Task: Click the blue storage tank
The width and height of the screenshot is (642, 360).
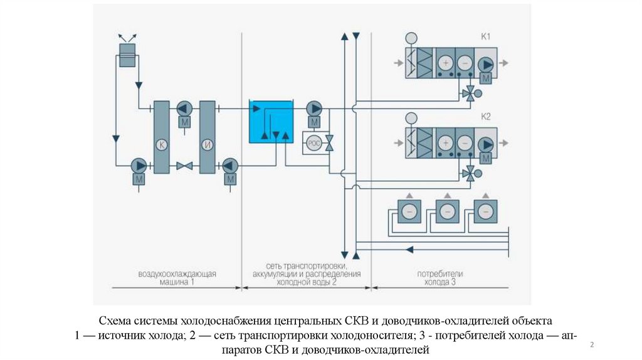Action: click(x=271, y=120)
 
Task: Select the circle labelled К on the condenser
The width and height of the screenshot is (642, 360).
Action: click(x=161, y=145)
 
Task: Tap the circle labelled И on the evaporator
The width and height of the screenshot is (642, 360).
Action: click(x=208, y=145)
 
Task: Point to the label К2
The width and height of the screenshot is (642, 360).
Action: click(x=486, y=117)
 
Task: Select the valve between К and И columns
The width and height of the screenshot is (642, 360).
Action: click(x=184, y=166)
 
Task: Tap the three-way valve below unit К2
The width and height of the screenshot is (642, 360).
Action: click(x=468, y=173)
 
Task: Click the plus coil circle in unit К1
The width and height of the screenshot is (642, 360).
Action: click(x=445, y=63)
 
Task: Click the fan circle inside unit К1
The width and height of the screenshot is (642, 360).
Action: click(x=485, y=63)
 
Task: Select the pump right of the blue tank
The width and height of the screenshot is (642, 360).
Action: click(x=314, y=108)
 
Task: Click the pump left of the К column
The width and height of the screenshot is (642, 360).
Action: click(x=139, y=166)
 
